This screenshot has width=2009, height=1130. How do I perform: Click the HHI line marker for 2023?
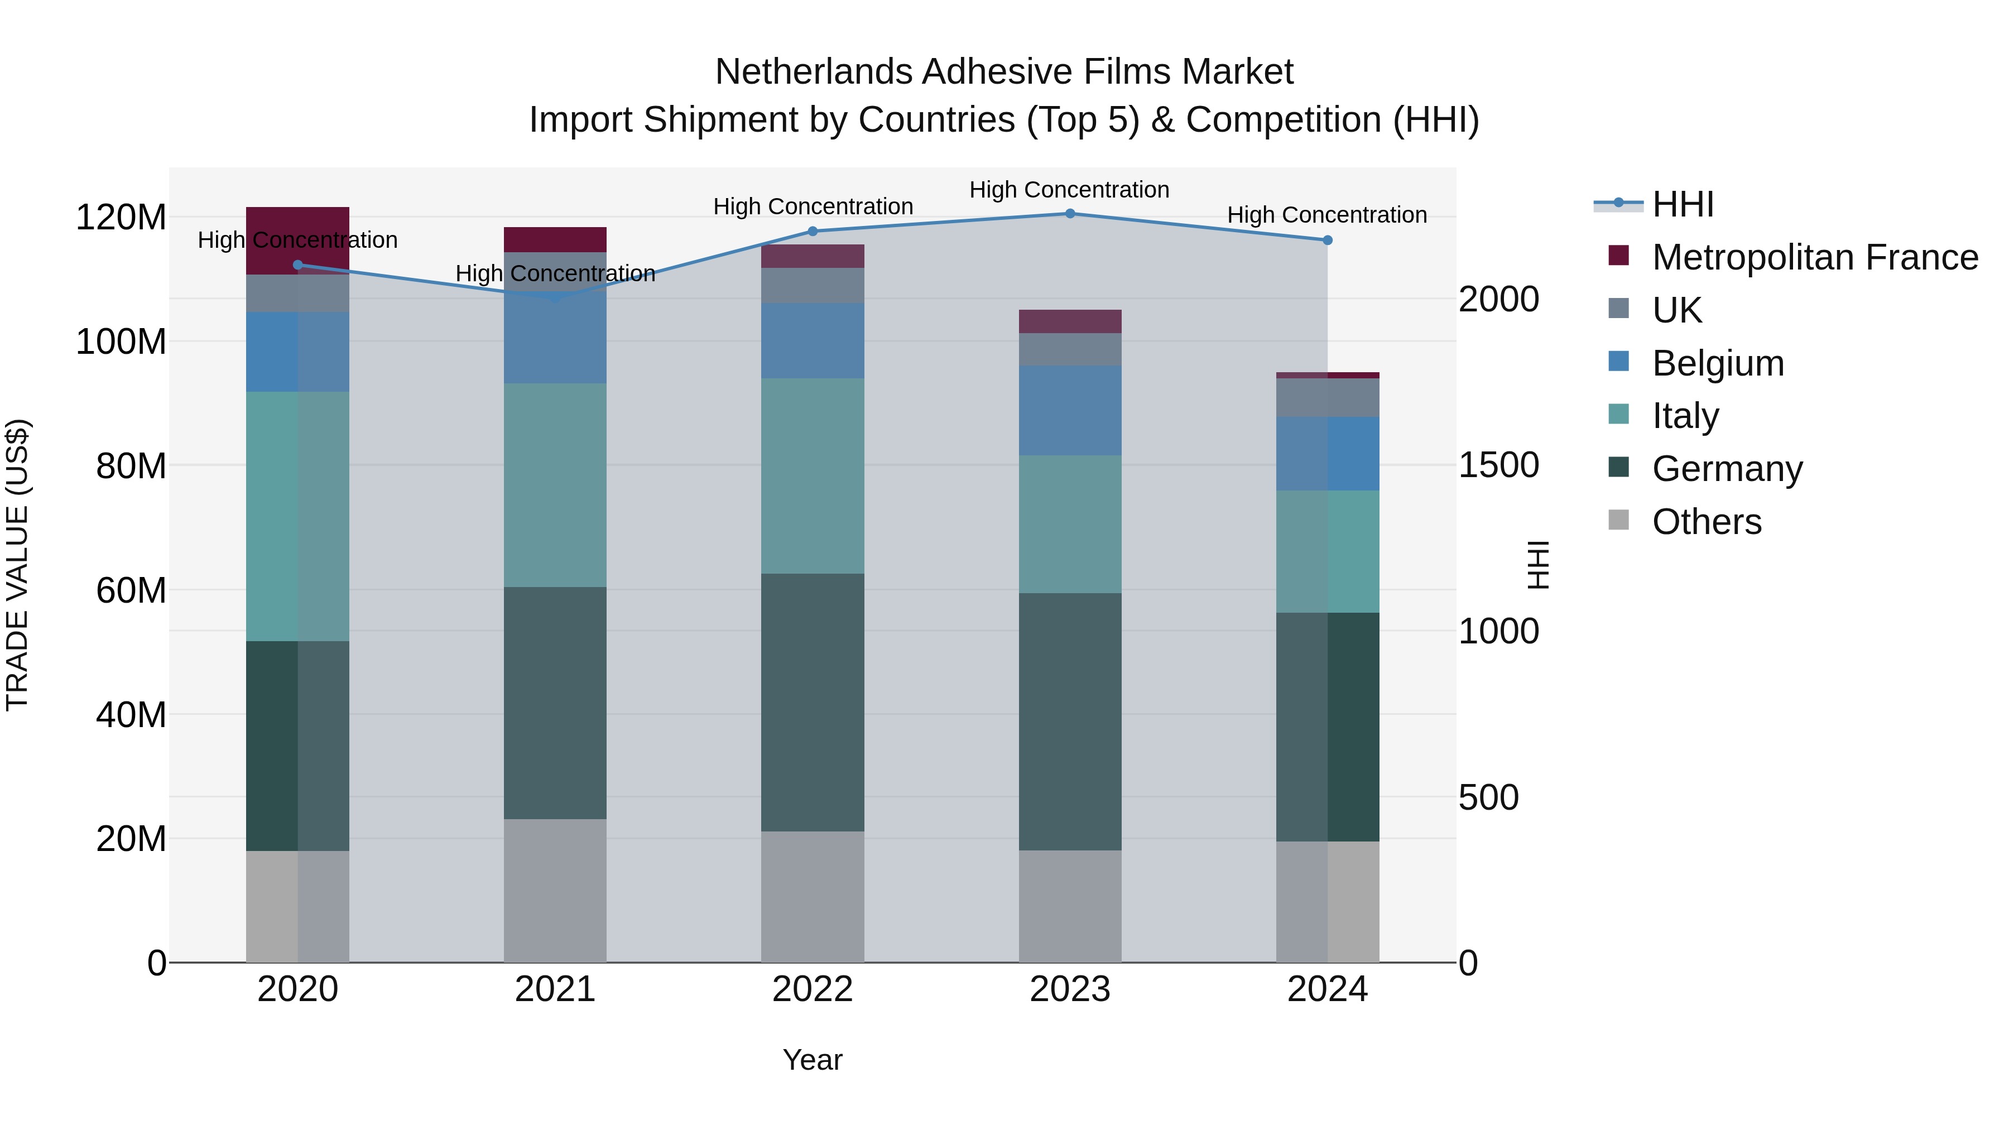[1070, 214]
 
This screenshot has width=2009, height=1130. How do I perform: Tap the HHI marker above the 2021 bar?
[555, 299]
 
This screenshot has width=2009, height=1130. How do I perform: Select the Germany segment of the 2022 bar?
[813, 702]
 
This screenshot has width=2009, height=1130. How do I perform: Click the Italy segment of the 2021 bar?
[555, 484]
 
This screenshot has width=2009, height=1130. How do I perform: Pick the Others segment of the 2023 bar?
[1070, 906]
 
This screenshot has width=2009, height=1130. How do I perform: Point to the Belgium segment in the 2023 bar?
[1070, 410]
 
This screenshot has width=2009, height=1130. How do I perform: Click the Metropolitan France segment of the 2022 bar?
[813, 256]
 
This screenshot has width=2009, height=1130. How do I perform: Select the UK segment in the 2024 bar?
[1328, 398]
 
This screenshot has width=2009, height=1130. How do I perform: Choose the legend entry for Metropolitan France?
[1815, 257]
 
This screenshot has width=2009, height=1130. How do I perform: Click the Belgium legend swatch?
[1619, 362]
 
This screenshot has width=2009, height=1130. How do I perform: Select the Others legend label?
[1707, 522]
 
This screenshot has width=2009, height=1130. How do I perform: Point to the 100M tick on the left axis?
[121, 342]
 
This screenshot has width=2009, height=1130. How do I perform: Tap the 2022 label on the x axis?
[813, 989]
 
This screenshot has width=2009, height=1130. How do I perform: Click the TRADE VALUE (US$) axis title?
[17, 565]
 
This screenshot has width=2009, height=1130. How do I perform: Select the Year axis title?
[813, 1060]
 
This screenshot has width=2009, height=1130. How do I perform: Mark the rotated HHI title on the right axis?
[1538, 565]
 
